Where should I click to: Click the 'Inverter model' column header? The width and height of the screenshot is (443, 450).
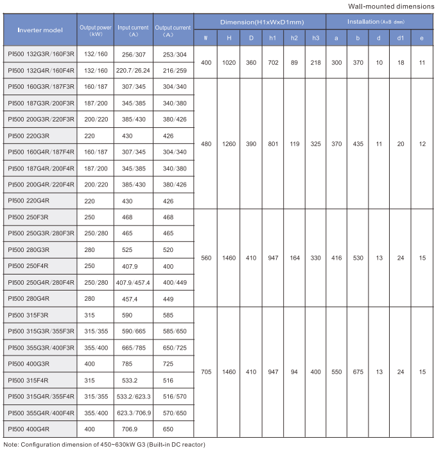pyautogui.click(x=40, y=30)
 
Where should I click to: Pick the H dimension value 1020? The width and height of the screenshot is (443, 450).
pyautogui.click(x=229, y=62)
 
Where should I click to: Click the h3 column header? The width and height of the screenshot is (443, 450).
pyautogui.click(x=315, y=38)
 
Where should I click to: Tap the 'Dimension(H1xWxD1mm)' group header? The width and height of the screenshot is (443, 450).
pyautogui.click(x=259, y=21)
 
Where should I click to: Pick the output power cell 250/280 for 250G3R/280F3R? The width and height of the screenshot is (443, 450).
pyautogui.click(x=95, y=234)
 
